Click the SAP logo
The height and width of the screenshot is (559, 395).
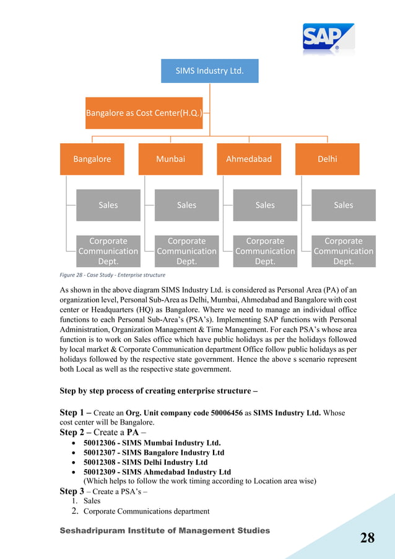tap(328, 39)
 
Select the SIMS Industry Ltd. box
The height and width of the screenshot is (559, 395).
tap(209, 71)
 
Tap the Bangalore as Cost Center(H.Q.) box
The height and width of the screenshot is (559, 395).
tap(144, 113)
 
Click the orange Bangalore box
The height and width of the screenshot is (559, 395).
tap(92, 159)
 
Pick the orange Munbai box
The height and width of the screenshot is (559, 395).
tap(170, 159)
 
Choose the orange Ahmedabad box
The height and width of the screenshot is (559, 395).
tap(248, 159)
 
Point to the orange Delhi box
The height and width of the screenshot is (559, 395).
tap(327, 159)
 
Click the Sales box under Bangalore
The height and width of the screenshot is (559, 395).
tap(108, 205)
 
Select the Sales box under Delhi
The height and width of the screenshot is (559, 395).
tap(343, 205)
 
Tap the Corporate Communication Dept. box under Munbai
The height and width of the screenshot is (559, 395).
tap(186, 251)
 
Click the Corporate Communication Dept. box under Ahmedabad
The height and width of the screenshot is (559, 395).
tap(264, 251)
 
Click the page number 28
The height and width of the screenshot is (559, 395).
tap(367, 537)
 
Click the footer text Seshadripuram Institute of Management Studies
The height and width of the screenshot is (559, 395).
tap(165, 530)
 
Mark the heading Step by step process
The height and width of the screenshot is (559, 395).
tap(158, 391)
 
